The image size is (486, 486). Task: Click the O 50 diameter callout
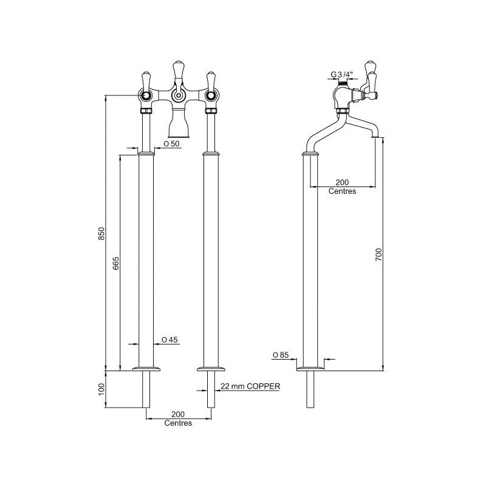click(x=171, y=144)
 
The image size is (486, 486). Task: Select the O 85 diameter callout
click(x=280, y=355)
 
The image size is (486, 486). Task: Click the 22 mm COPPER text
click(x=250, y=386)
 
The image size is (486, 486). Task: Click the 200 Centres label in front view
click(x=178, y=419)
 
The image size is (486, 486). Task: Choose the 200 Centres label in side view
click(x=343, y=187)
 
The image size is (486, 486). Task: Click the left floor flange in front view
click(x=146, y=369)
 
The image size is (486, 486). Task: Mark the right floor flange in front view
click(x=211, y=369)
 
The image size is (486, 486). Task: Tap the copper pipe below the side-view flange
click(x=310, y=389)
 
